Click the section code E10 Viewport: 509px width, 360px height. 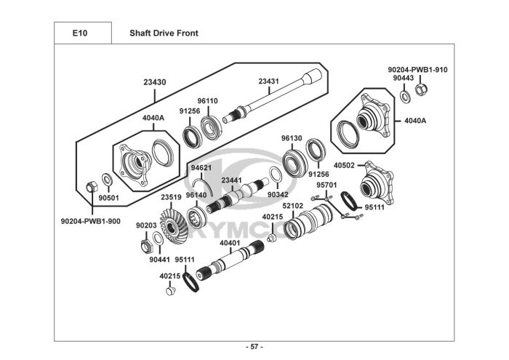(x=80, y=33)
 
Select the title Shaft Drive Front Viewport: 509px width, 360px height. (x=164, y=33)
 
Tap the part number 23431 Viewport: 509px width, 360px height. (x=268, y=81)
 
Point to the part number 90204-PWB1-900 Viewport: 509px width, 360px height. (x=91, y=221)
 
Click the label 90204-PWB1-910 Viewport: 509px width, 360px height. (x=417, y=70)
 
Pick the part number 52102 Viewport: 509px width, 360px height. (x=292, y=206)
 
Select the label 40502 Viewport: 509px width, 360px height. (x=344, y=166)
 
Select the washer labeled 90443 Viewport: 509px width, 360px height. (x=405, y=96)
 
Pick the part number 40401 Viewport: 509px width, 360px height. (x=230, y=243)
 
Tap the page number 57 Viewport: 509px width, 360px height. (x=254, y=347)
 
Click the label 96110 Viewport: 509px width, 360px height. (x=208, y=101)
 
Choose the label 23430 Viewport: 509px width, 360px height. (x=155, y=82)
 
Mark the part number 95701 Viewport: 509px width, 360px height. (x=326, y=185)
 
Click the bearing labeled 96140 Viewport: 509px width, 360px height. (x=197, y=217)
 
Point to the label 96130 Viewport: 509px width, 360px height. (x=292, y=139)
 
